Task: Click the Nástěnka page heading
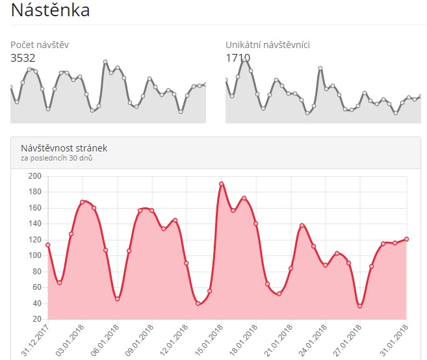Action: (50, 10)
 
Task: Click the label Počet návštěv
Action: (40, 45)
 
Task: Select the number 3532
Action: (23, 58)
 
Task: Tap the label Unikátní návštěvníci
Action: (267, 45)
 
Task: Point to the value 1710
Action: (238, 58)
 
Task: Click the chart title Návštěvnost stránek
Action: (64, 148)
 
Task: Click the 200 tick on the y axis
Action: (35, 176)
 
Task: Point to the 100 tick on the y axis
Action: (35, 255)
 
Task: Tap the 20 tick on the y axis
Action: (37, 319)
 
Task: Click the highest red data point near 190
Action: (222, 184)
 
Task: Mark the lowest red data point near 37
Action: (360, 305)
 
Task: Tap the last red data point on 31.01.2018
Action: (406, 239)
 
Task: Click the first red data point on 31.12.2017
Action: (47, 245)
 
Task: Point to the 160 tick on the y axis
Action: (35, 208)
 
